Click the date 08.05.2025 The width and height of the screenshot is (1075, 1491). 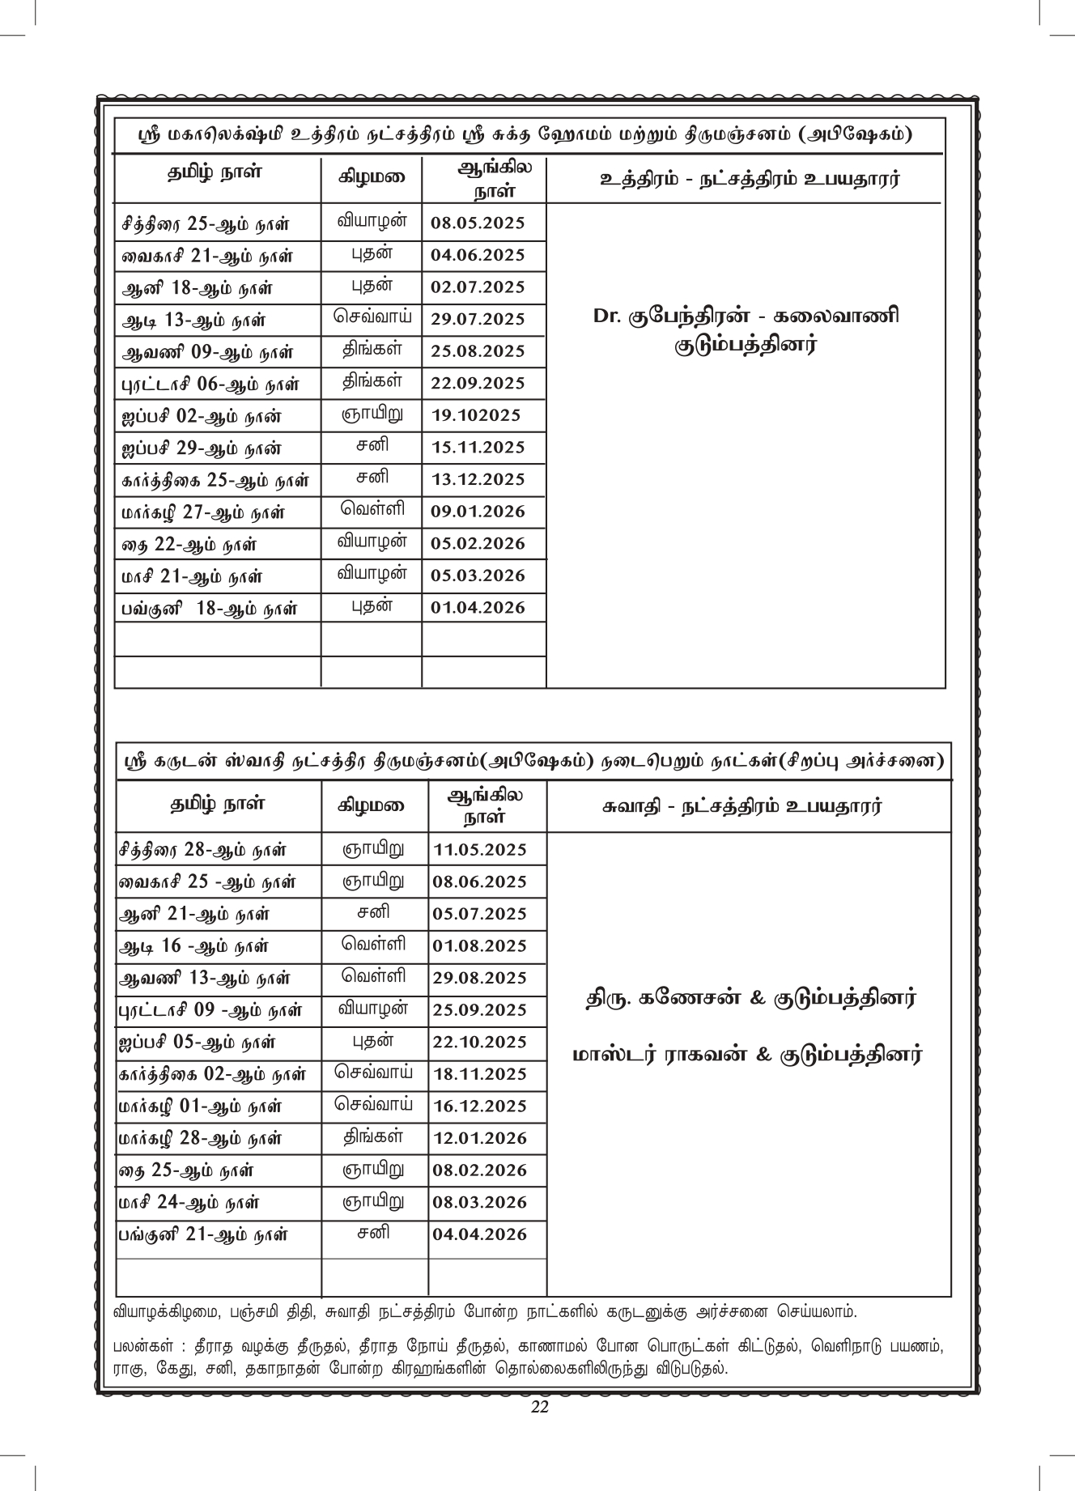[x=478, y=223]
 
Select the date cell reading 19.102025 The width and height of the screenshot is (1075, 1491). [x=475, y=416]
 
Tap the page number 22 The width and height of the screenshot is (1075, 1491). [x=539, y=1407]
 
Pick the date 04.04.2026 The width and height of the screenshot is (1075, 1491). [x=479, y=1234]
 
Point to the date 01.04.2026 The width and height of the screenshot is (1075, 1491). [x=478, y=608]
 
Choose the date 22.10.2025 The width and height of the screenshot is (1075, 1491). [x=479, y=1043]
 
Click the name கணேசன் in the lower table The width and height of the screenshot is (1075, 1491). [x=690, y=998]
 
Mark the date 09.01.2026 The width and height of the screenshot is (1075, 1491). [x=478, y=512]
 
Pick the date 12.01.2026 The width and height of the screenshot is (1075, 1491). [x=479, y=1139]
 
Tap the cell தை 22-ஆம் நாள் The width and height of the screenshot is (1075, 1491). [x=190, y=544]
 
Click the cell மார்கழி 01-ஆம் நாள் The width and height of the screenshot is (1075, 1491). [x=200, y=1107]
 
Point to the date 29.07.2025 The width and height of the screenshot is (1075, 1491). [x=478, y=319]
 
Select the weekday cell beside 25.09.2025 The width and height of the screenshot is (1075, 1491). [x=373, y=1009]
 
